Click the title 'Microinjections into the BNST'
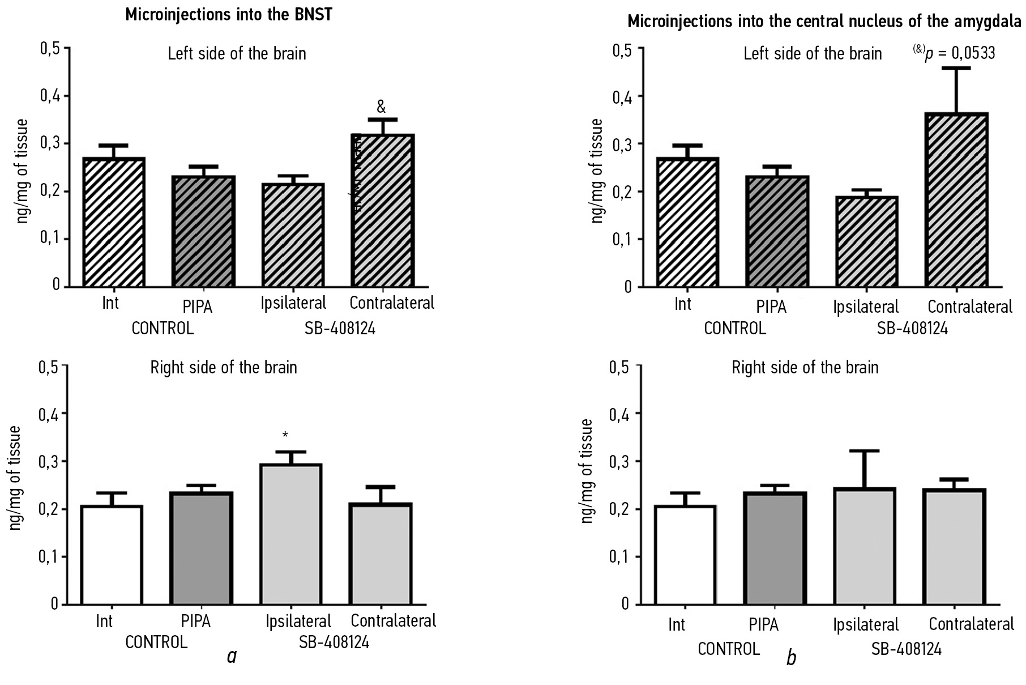(228, 15)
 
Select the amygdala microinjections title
(824, 22)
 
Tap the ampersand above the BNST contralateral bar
(381, 107)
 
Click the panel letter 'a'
(231, 656)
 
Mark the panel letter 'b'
(792, 658)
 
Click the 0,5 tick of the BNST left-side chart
(49, 48)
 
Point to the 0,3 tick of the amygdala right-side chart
(619, 461)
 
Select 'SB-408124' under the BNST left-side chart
(340, 328)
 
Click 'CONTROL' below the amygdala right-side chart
(728, 649)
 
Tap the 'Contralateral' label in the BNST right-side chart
(393, 621)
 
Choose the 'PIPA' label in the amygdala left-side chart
(771, 307)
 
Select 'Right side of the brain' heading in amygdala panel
(805, 368)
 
